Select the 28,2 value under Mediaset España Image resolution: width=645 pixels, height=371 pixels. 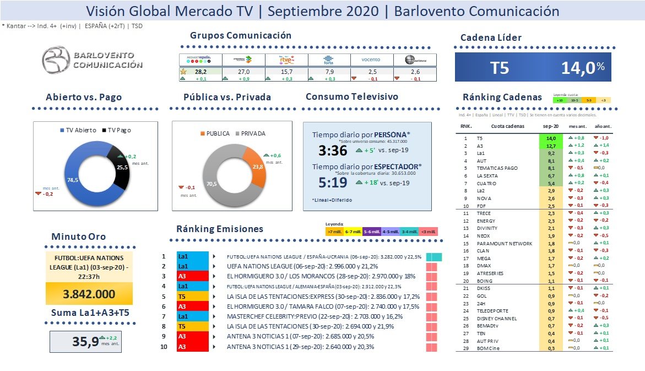(x=200, y=71)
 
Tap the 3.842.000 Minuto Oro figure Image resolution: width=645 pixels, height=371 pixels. (x=89, y=294)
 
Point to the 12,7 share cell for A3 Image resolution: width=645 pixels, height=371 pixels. (x=550, y=146)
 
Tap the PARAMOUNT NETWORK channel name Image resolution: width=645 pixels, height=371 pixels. (x=505, y=243)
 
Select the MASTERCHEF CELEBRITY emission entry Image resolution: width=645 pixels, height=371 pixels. (x=315, y=316)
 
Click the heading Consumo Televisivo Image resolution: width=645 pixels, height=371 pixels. (x=351, y=96)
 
